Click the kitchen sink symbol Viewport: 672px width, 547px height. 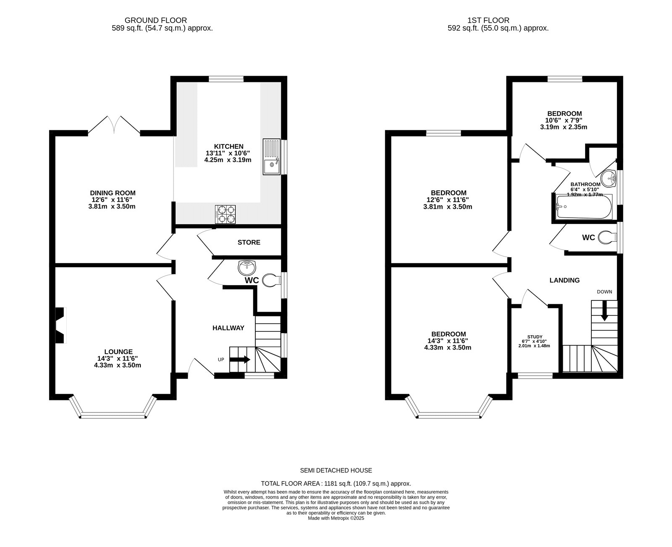click(x=271, y=156)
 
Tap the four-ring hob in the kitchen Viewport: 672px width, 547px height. click(x=225, y=214)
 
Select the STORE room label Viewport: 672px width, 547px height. click(x=249, y=242)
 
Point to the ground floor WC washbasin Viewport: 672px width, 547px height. click(x=247, y=267)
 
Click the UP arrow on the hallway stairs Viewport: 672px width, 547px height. click(x=240, y=360)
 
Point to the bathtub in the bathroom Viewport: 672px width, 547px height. click(x=584, y=207)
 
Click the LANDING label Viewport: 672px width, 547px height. click(x=564, y=280)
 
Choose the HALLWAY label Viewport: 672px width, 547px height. click(x=228, y=328)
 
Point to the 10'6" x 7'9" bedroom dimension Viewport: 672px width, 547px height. click(x=564, y=120)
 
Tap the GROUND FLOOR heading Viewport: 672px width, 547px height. click(x=156, y=20)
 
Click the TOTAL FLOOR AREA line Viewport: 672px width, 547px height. click(x=336, y=484)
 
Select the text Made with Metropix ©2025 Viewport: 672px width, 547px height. click(x=336, y=518)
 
